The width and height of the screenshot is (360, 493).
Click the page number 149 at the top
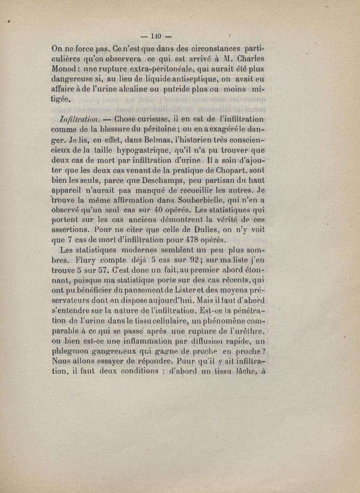(x=156, y=36)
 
